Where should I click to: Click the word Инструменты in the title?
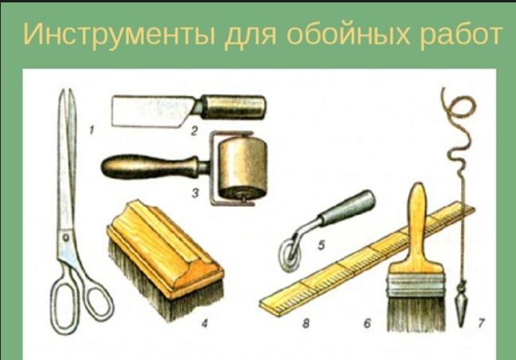pyautogui.click(x=119, y=34)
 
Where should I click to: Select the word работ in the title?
pyautogui.click(x=460, y=34)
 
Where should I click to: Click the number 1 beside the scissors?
pyautogui.click(x=92, y=131)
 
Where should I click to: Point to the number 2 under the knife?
pyautogui.click(x=194, y=131)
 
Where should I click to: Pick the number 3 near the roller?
pyautogui.click(x=195, y=193)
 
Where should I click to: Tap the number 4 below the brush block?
pyautogui.click(x=205, y=324)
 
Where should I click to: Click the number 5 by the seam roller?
pyautogui.click(x=321, y=245)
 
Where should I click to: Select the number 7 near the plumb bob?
pyautogui.click(x=481, y=323)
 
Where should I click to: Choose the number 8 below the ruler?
pyautogui.click(x=306, y=323)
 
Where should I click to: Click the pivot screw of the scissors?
pyautogui.click(x=66, y=237)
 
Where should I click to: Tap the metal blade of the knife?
pyautogui.click(x=152, y=111)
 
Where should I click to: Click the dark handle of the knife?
pyautogui.click(x=233, y=107)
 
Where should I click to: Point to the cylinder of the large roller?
pyautogui.click(x=243, y=169)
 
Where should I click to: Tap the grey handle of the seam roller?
pyautogui.click(x=347, y=208)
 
